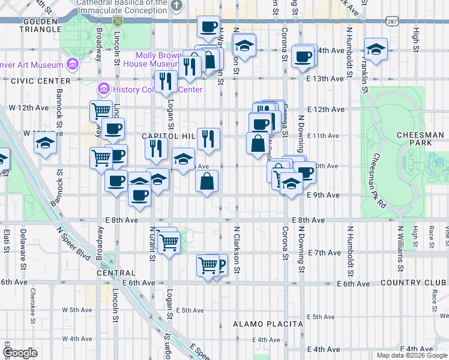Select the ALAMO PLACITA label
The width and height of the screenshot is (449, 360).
click(268, 324)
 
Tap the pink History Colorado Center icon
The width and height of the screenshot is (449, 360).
click(103, 90)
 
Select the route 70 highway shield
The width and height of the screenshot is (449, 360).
click(118, 22)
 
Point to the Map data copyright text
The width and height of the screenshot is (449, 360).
click(411, 355)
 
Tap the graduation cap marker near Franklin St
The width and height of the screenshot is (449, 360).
click(376, 49)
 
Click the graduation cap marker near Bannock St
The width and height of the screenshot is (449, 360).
click(45, 143)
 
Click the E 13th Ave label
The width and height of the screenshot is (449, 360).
click(324, 79)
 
